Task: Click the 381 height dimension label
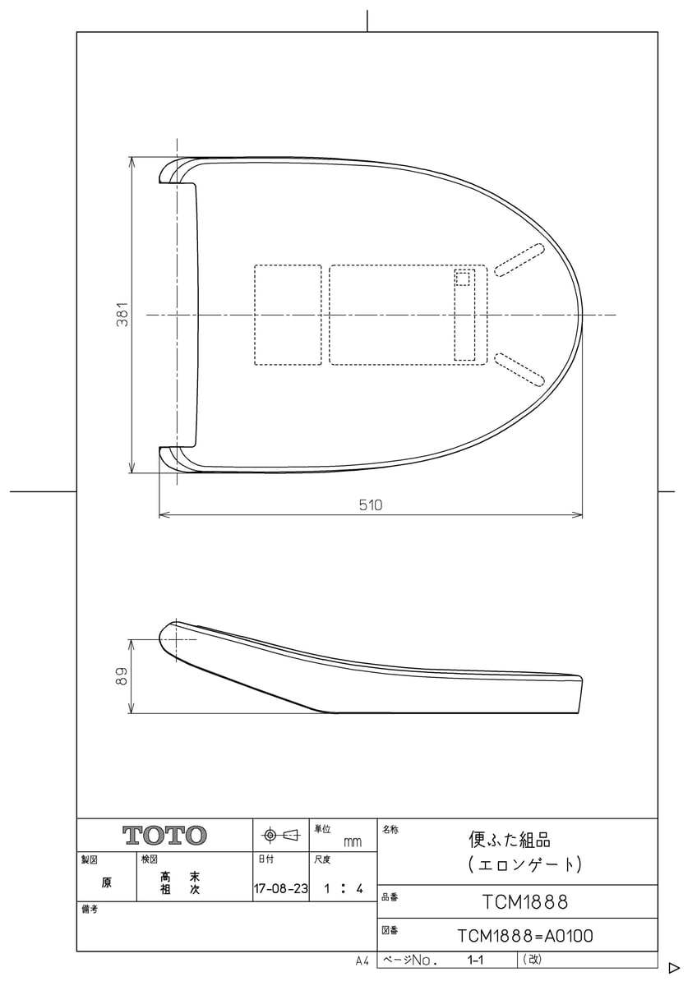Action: coord(122,315)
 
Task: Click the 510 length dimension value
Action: coord(371,505)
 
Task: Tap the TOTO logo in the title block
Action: coord(164,836)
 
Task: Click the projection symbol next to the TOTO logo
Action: coord(281,836)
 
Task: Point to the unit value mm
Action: coord(352,842)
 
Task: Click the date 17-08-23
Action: coord(280,889)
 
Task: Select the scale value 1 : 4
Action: coord(344,889)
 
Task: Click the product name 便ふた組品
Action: coord(510,840)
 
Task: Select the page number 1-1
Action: coord(475,959)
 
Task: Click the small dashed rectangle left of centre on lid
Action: coord(288,315)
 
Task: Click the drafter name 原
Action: coord(107,883)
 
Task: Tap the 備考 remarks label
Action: coord(90,910)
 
